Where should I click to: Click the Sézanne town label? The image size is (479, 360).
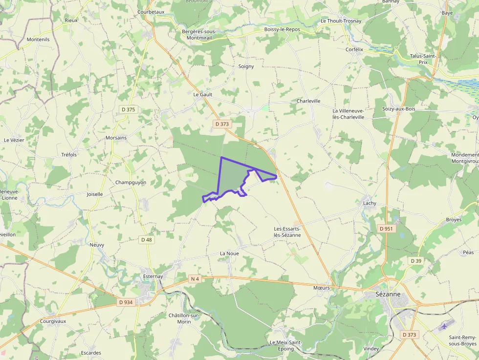389,294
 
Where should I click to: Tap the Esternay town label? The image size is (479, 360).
153,276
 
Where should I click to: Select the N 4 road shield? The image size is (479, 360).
195,279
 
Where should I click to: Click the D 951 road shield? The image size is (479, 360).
386,229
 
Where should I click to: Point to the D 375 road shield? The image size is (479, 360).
128,109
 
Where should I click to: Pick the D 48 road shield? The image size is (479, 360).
147,240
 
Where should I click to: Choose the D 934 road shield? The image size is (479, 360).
126,302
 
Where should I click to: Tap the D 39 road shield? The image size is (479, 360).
416,261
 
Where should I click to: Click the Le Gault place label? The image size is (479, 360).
203,94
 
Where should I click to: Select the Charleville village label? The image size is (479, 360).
308,101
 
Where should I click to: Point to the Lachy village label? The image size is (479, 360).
370,203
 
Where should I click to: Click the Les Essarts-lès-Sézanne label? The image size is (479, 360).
287,232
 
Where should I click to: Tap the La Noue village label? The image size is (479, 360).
229,254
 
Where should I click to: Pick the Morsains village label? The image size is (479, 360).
116,138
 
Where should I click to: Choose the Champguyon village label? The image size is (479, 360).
131,183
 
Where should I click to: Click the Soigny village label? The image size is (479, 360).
246,66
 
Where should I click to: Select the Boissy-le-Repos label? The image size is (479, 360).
282,29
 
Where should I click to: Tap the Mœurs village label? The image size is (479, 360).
322,288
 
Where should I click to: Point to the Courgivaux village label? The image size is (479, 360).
53,321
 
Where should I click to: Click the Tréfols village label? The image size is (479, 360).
69,155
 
